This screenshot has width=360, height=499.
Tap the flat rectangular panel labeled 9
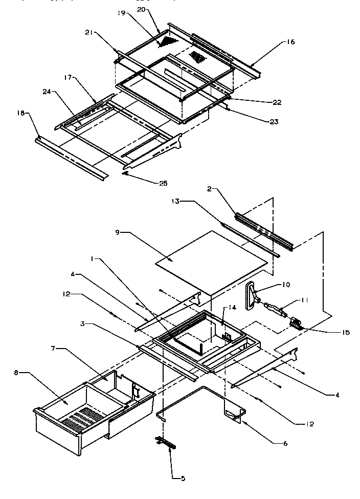pos(210,262)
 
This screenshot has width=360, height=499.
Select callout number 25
pos(163,183)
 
